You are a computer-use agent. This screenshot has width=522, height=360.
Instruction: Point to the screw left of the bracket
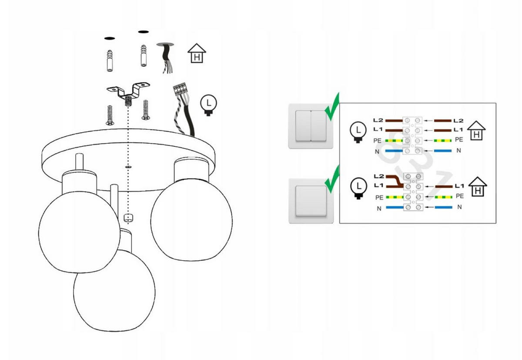(x=109, y=115)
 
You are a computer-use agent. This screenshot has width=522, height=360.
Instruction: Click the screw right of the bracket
(x=146, y=111)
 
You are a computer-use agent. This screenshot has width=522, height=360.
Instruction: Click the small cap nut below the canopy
(x=128, y=217)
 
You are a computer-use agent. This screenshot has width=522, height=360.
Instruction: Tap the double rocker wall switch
(x=311, y=126)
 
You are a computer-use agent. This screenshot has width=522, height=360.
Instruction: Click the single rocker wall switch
(x=311, y=200)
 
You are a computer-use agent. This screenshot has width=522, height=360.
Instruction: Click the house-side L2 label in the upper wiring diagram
(x=458, y=121)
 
